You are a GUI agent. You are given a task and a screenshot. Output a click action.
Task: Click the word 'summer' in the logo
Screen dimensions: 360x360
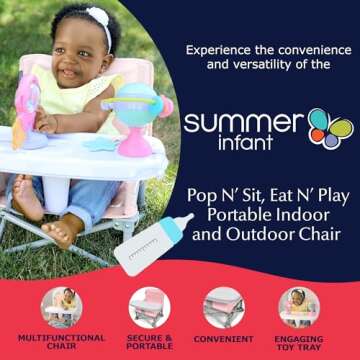tap(243, 123)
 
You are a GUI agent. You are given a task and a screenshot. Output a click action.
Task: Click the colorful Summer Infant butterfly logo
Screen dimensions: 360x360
tap(330, 129)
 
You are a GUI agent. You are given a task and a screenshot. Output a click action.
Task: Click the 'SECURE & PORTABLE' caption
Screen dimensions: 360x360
tap(149, 343)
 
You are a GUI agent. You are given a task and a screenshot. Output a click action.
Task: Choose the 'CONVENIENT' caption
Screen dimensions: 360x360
tap(223, 338)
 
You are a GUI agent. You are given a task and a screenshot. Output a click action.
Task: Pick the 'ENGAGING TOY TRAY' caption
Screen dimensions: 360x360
tap(298, 343)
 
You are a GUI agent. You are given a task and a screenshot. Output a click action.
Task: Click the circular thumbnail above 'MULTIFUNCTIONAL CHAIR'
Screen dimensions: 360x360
tap(62, 306)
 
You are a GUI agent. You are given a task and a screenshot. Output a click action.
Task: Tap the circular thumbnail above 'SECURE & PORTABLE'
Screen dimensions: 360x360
tap(149, 306)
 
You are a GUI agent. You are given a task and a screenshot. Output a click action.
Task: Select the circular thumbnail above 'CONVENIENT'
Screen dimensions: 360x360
tap(223, 306)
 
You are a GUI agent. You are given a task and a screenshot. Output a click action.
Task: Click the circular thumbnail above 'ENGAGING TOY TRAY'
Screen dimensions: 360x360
tap(298, 306)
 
